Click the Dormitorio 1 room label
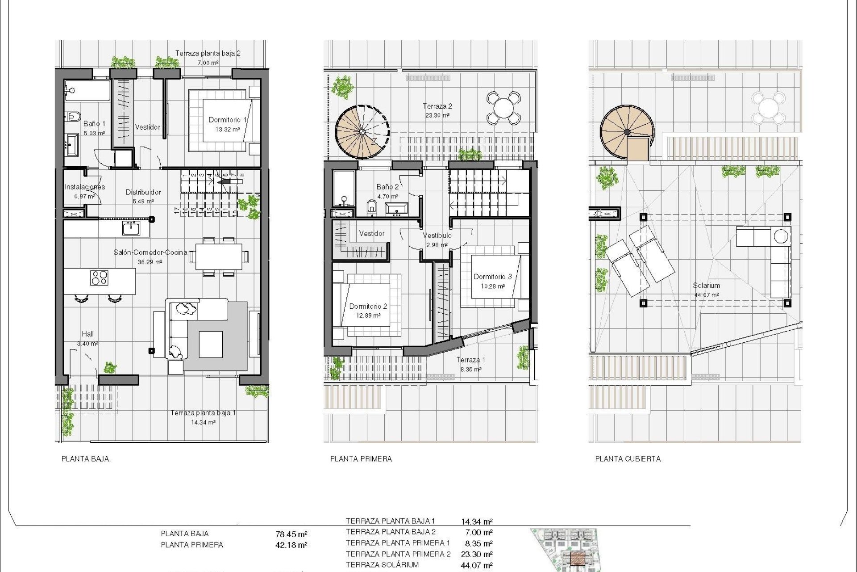[x=227, y=120]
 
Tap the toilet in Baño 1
[x=72, y=117]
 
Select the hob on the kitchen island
[x=99, y=278]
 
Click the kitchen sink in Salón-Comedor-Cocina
[x=131, y=228]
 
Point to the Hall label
[x=88, y=334]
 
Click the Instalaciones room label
[x=85, y=187]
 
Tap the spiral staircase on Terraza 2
[x=362, y=132]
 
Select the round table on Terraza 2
[x=503, y=108]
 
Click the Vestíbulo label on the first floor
[x=437, y=235]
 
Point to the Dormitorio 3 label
[x=492, y=277]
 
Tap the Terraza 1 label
[x=470, y=360]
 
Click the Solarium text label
[x=706, y=285]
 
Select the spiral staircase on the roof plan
[x=627, y=132]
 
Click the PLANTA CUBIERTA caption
[x=628, y=459]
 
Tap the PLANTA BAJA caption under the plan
[x=85, y=459]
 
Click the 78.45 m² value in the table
[x=291, y=534]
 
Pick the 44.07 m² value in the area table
[x=476, y=565]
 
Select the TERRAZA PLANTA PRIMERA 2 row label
[x=398, y=554]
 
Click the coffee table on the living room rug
[x=210, y=344]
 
